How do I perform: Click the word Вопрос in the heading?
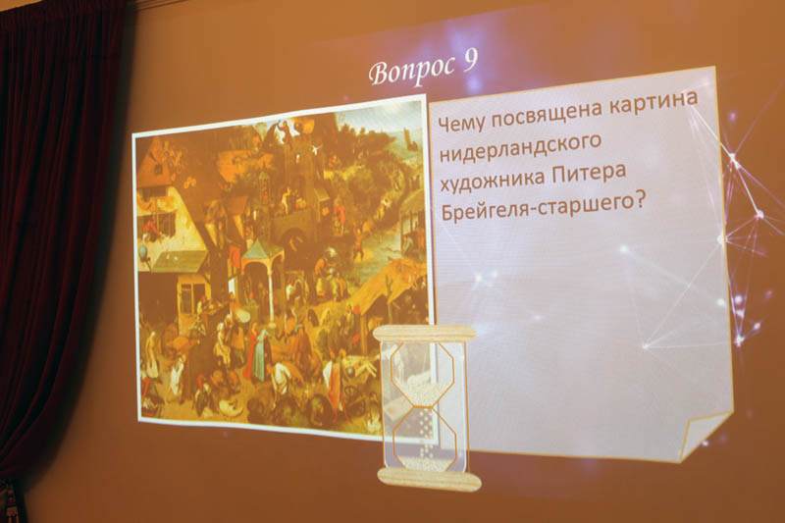coord(411,70)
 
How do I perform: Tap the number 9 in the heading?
coord(470,61)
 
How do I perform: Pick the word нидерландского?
coord(521,147)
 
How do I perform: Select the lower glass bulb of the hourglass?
coord(425,439)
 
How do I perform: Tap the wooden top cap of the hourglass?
coord(425,333)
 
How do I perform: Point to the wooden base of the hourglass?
coord(430,479)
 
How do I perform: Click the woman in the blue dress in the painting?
coord(258,354)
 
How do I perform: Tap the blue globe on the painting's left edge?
coord(142,249)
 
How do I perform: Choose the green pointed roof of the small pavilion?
coord(262,248)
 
